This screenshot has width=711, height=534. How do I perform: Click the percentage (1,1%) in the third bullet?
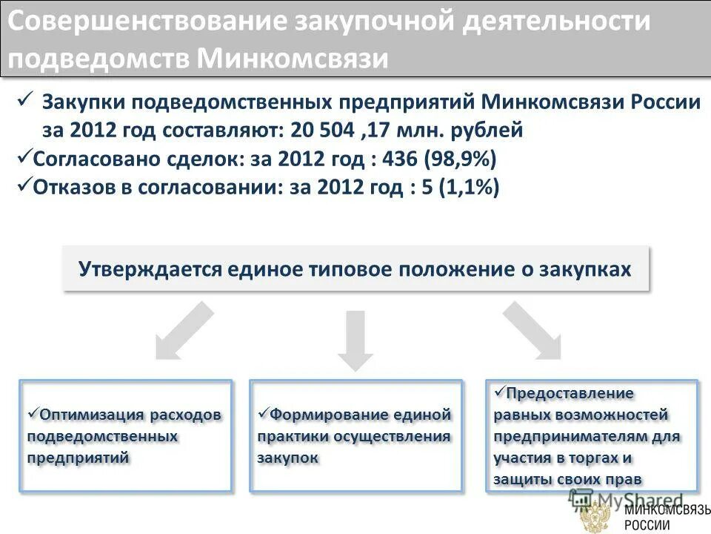pyautogui.click(x=469, y=188)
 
